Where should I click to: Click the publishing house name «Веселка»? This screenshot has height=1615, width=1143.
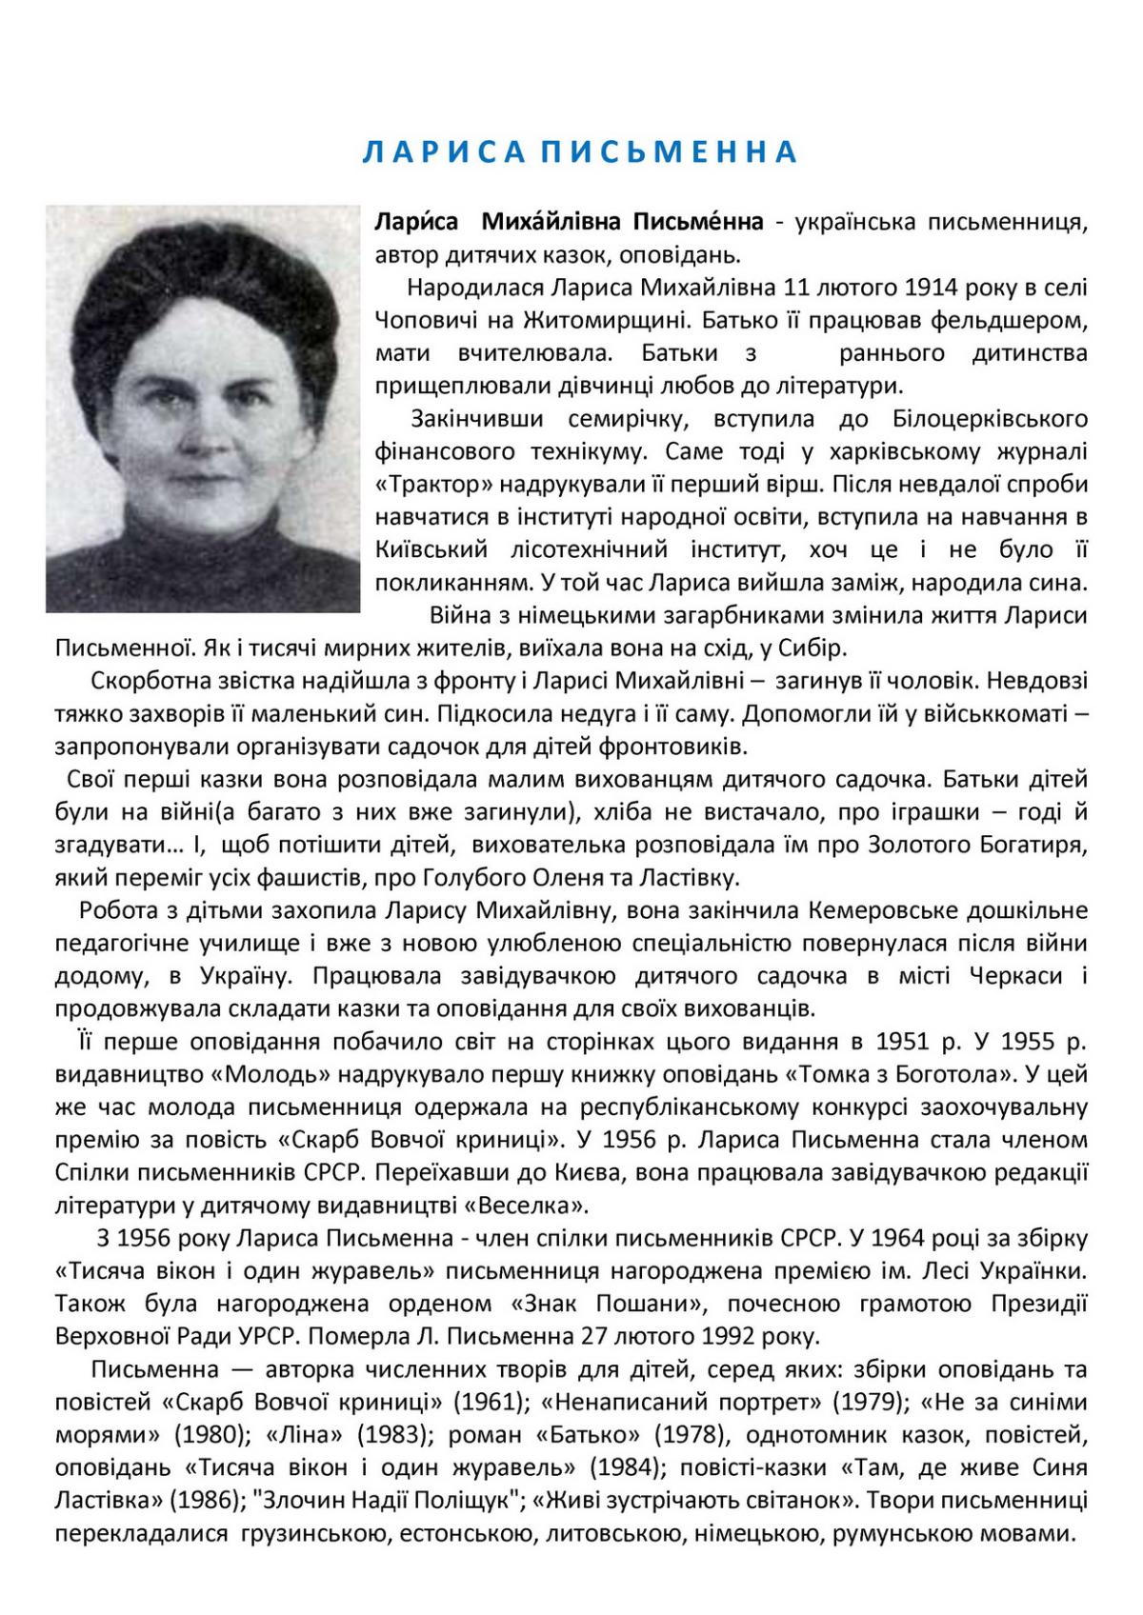pos(523,1206)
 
